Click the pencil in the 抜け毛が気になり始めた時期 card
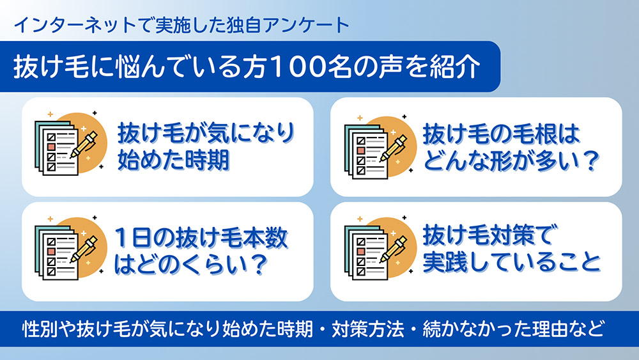[x=84, y=145]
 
